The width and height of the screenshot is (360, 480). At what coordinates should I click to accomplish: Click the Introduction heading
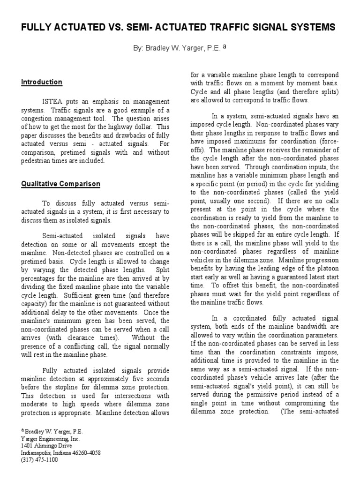coord(41,82)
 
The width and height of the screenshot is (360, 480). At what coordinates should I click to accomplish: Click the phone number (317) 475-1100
coord(39,460)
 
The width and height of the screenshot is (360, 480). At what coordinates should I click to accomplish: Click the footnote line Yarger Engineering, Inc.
coord(50,439)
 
